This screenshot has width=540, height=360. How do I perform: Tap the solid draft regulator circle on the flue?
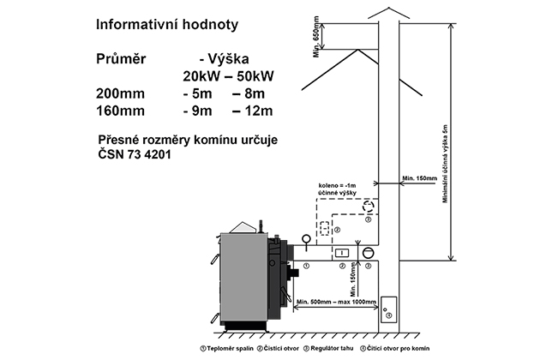click(368, 252)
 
